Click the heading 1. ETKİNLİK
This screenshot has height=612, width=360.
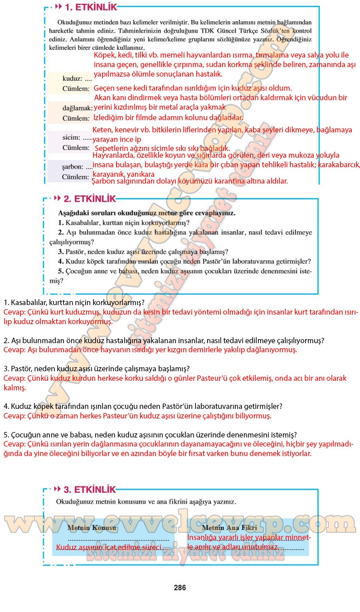91,7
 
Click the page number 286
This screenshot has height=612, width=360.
180,588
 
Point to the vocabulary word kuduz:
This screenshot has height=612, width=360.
73,78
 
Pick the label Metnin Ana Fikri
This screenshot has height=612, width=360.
229,528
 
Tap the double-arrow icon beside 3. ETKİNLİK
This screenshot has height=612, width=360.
57,489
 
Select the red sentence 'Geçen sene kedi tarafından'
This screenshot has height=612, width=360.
192,88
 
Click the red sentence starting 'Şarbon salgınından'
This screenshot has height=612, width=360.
190,181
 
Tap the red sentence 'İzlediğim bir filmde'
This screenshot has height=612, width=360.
168,117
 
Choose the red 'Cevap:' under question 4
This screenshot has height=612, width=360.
15,415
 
